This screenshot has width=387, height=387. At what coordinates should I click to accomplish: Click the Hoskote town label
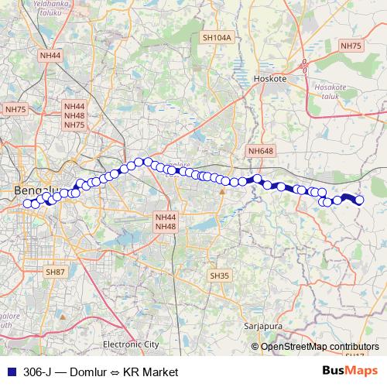(x=270, y=79)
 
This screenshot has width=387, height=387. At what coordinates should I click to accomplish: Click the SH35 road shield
(x=220, y=276)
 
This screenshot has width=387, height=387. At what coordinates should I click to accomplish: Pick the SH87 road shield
(x=54, y=272)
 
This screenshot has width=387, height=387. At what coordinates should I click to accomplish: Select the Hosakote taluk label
(x=330, y=92)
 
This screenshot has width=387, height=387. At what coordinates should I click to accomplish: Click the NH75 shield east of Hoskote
(x=351, y=46)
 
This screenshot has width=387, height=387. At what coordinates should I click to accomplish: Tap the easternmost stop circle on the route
(x=359, y=201)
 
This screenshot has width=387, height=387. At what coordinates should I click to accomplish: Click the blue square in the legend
(x=11, y=372)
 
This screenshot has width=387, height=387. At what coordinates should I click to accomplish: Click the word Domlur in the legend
(x=91, y=372)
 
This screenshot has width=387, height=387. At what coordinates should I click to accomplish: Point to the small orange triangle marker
(x=222, y=190)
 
